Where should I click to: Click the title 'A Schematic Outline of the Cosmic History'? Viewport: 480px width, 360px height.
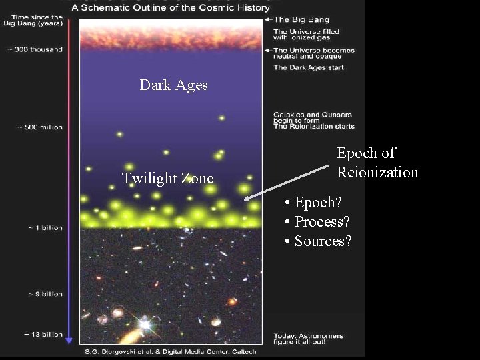coord(171,8)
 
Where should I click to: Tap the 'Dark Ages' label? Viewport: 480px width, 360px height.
coord(173,85)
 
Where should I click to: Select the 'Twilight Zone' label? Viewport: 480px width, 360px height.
coord(167,178)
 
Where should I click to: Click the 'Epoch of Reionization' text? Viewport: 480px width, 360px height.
coord(377,163)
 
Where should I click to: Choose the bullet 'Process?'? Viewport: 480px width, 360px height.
coord(318,221)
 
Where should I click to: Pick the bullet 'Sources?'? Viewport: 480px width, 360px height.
coord(318,241)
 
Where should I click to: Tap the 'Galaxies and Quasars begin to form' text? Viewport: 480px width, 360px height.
coord(313,117)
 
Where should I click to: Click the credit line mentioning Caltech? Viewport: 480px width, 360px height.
coord(175,351)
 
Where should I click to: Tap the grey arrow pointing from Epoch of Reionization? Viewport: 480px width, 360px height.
coord(287,181)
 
